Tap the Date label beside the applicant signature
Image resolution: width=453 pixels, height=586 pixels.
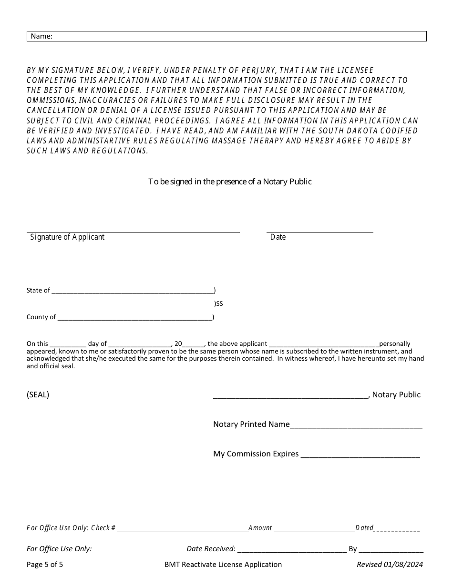278,237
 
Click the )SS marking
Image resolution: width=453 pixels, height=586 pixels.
218,303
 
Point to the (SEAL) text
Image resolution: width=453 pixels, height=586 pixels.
38,394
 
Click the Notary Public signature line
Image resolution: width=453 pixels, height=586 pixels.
290,394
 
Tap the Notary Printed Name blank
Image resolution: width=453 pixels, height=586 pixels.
356,424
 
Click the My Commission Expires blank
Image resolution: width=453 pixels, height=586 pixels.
360,454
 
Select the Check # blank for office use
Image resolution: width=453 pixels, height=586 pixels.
182,528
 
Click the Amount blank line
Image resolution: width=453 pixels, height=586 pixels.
314,528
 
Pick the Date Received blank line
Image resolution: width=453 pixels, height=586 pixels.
291,549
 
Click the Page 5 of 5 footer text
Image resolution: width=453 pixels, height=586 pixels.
45,565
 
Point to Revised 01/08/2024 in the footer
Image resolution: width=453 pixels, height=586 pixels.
390,565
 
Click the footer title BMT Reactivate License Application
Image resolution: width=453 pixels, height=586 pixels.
223,565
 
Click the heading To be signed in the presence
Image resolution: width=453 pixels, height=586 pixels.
230,182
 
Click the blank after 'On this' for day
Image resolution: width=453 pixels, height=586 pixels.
68,344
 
